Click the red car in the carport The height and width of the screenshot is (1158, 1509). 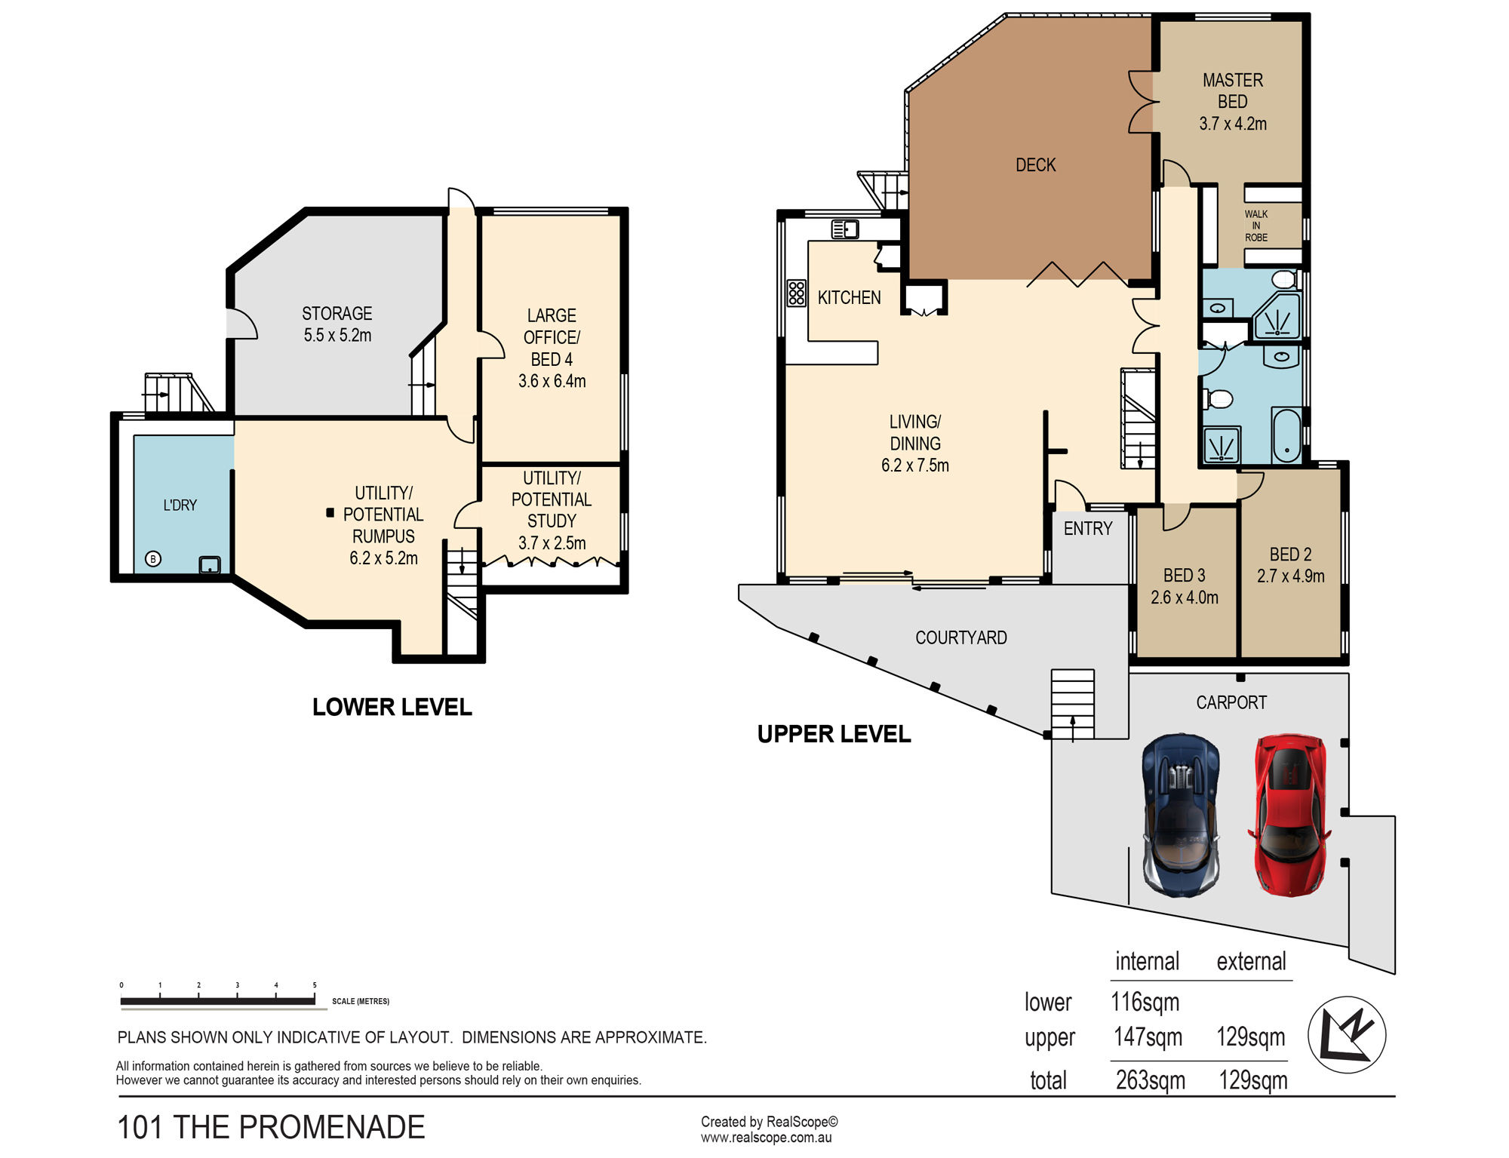pyautogui.click(x=1289, y=816)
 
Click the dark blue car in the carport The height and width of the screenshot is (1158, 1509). pyautogui.click(x=1181, y=816)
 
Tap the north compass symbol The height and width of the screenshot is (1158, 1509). pyautogui.click(x=1347, y=1034)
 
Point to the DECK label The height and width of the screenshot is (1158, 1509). pyautogui.click(x=1035, y=165)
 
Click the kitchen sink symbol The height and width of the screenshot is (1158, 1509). pyautogui.click(x=845, y=228)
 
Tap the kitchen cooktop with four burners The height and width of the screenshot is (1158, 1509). pyautogui.click(x=796, y=293)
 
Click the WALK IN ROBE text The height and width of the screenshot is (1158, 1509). pyautogui.click(x=1256, y=226)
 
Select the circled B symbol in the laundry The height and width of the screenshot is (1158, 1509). pyautogui.click(x=153, y=559)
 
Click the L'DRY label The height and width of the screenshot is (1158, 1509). pyautogui.click(x=180, y=505)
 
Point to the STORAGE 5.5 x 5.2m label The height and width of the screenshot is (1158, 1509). pyautogui.click(x=337, y=324)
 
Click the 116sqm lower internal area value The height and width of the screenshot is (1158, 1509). pyautogui.click(x=1145, y=1002)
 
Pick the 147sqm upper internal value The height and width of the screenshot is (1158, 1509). pyautogui.click(x=1148, y=1037)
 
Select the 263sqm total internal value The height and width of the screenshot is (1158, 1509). pyautogui.click(x=1151, y=1080)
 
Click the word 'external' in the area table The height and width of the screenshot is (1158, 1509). pyautogui.click(x=1251, y=961)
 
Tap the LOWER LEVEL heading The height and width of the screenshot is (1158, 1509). pyautogui.click(x=392, y=707)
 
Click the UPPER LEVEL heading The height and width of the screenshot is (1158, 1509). pyautogui.click(x=834, y=734)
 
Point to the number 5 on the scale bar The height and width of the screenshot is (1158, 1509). pyautogui.click(x=315, y=985)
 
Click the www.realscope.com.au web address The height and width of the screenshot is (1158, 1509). pyautogui.click(x=766, y=1138)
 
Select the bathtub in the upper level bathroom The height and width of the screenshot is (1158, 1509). pyautogui.click(x=1286, y=435)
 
